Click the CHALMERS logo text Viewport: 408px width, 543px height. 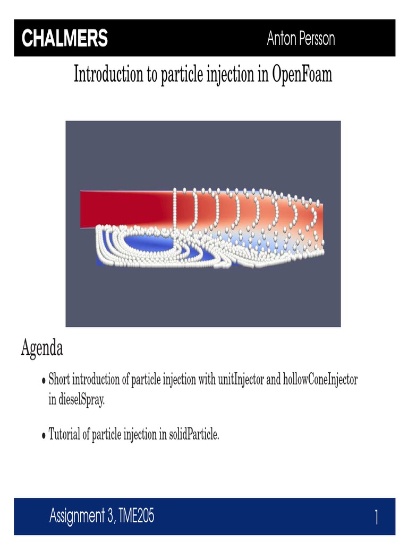tap(64, 39)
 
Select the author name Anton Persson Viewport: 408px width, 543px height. tap(301, 39)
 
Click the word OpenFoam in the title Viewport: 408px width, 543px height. tap(302, 75)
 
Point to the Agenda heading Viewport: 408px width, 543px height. tap(42, 348)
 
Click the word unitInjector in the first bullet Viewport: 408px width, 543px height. tap(239, 380)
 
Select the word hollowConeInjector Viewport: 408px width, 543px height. tap(321, 380)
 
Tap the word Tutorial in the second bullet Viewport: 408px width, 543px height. tap(64, 435)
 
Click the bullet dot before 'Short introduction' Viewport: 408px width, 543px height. tap(44, 381)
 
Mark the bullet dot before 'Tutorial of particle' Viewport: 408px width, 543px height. tap(44, 436)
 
